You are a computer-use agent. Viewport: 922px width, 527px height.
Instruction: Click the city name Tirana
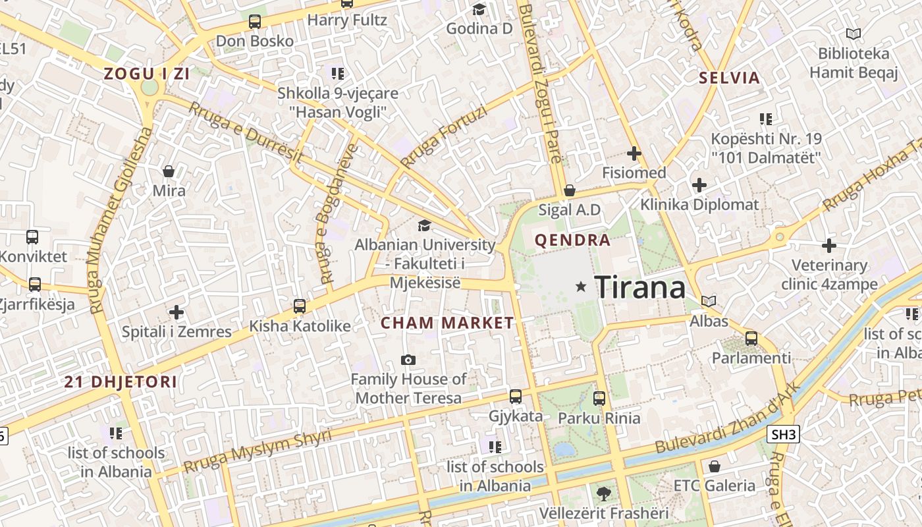[639, 287]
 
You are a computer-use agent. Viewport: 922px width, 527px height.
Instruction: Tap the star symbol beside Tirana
[581, 287]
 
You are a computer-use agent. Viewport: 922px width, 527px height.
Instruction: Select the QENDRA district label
[572, 240]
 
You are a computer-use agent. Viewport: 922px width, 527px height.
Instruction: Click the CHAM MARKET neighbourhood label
[447, 323]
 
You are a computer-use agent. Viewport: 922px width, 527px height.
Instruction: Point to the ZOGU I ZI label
[148, 74]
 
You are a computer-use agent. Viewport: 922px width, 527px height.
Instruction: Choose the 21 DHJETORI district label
[121, 381]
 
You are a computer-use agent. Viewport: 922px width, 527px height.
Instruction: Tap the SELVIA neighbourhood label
[729, 78]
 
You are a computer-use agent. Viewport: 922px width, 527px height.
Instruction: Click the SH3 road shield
[783, 434]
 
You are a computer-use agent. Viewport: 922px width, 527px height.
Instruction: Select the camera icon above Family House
[408, 360]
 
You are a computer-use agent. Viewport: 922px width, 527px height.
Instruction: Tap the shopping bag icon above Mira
[169, 171]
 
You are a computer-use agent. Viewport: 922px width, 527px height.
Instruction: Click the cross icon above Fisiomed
[634, 153]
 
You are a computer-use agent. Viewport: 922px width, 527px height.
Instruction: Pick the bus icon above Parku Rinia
[599, 398]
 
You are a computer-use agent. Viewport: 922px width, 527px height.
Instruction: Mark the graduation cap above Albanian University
[424, 225]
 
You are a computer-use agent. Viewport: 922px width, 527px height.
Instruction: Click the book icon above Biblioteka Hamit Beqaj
[854, 34]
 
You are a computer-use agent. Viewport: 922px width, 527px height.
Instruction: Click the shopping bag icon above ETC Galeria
[715, 467]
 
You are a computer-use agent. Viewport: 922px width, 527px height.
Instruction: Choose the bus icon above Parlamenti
[751, 339]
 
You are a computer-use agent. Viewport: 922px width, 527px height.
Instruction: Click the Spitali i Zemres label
[176, 331]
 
